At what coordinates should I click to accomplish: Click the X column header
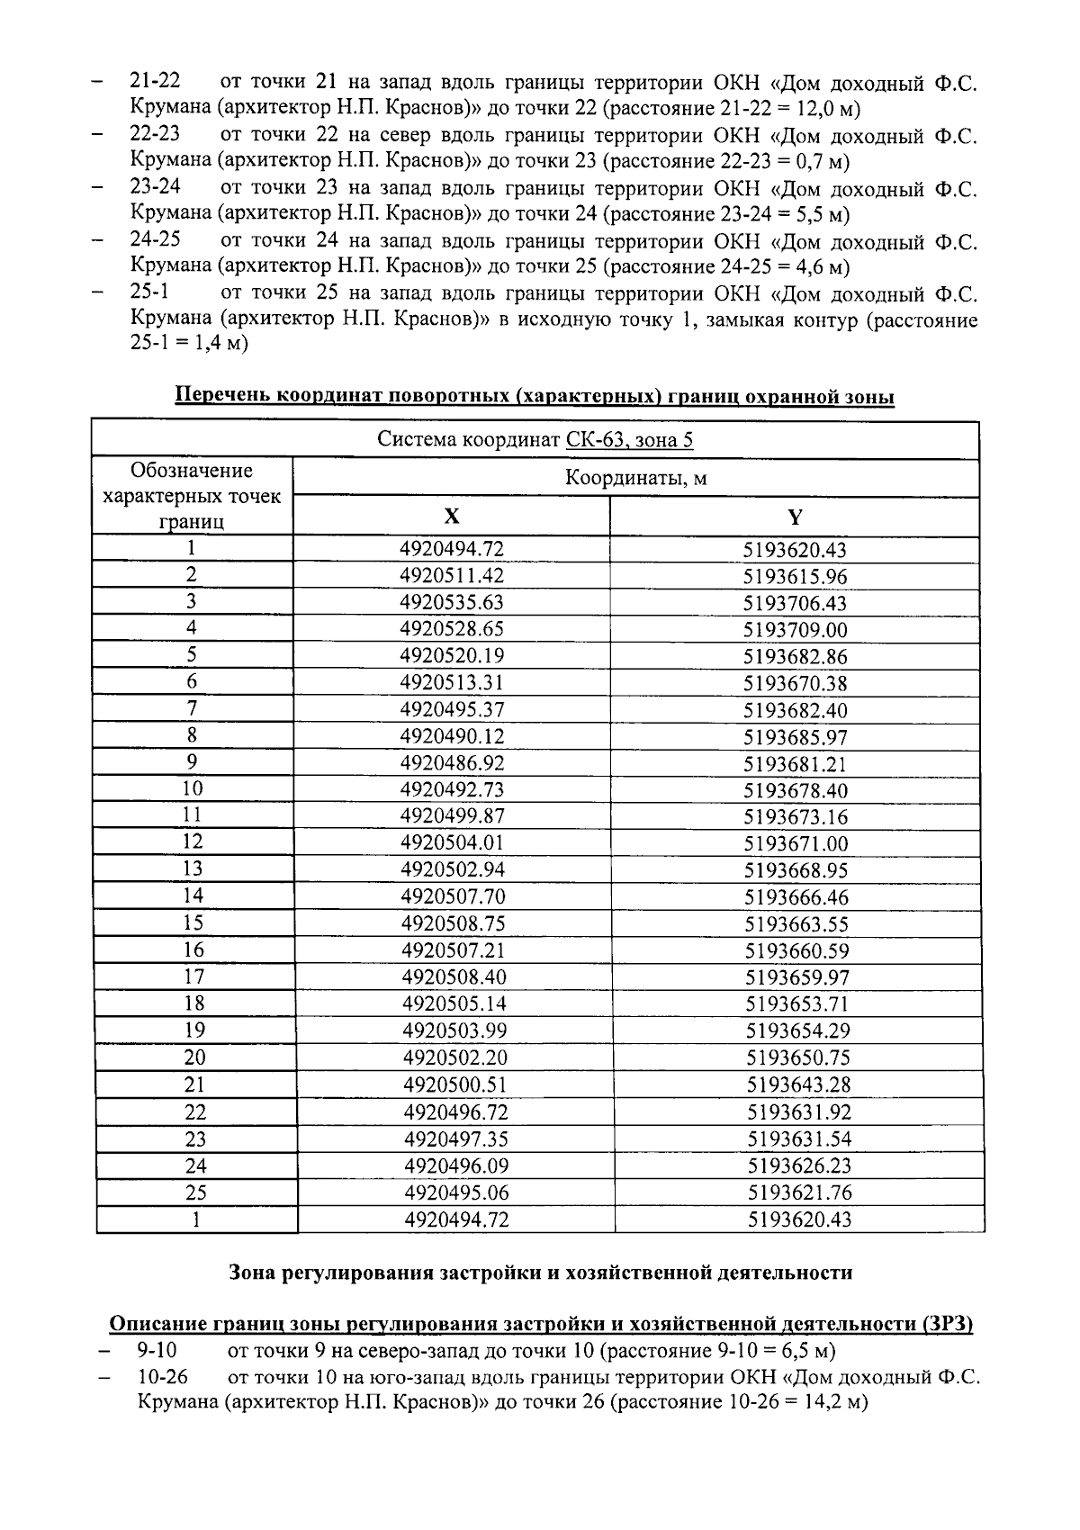point(452,516)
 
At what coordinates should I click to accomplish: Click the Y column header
point(795,517)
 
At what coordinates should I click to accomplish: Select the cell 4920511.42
point(452,576)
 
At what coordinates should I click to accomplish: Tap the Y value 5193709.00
point(796,630)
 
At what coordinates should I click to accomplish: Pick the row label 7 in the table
point(192,708)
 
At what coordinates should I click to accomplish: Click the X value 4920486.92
point(453,763)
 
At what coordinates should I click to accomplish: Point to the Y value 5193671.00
point(796,844)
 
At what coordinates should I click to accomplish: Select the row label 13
point(193,868)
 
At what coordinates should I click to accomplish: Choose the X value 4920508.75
point(454,923)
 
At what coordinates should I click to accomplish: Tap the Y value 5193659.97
point(797,977)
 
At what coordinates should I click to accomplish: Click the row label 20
point(194,1057)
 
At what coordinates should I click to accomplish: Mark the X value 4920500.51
point(455,1084)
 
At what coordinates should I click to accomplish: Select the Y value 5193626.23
point(799,1165)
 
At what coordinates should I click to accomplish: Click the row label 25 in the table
point(195,1192)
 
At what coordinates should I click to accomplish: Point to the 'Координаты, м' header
point(635,478)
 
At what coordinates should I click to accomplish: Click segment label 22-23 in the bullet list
point(155,134)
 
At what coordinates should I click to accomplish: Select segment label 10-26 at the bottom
point(164,1378)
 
